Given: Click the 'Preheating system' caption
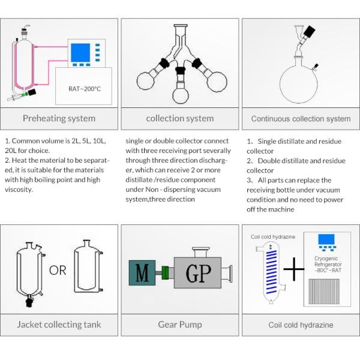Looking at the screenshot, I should click(x=59, y=118).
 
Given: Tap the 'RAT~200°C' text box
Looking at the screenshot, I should click(x=84, y=89).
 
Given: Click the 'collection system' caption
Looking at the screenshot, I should click(x=179, y=118).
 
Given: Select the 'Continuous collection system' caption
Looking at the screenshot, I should click(x=301, y=119).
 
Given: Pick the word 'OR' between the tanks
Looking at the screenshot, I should click(x=58, y=271).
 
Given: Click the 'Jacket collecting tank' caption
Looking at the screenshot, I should click(x=59, y=325).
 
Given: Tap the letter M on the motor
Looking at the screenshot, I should click(x=142, y=274).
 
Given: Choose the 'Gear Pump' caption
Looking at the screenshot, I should click(x=179, y=325).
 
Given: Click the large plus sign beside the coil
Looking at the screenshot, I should click(x=293, y=271).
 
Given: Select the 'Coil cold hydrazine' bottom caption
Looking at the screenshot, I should click(x=301, y=325).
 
